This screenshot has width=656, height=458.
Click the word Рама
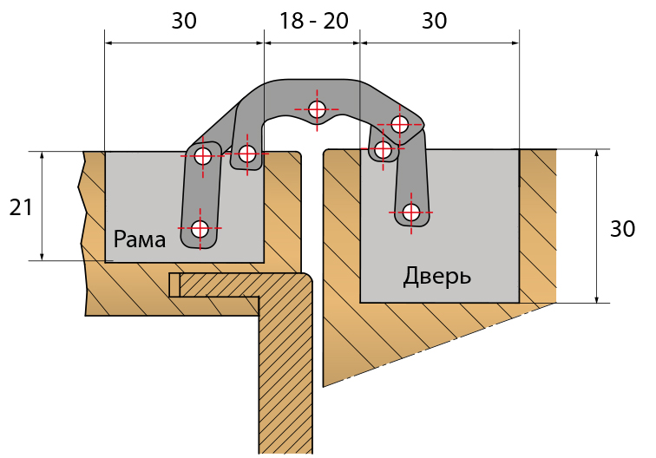139,239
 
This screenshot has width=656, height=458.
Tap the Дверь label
437,277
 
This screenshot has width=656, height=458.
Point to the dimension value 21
21,207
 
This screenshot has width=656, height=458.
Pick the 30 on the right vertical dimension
622,229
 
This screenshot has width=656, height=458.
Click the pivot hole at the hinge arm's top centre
317,109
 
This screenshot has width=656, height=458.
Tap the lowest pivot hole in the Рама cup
200,229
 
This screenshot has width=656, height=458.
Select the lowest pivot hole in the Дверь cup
410,212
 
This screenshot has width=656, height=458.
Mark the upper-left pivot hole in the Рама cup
203,156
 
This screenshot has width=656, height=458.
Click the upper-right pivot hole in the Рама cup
248,154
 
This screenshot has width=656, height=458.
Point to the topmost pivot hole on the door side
400,124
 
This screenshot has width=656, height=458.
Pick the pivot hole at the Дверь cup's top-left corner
383,150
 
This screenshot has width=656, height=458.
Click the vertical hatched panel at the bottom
286,382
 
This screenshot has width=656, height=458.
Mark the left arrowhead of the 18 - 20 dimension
268,42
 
